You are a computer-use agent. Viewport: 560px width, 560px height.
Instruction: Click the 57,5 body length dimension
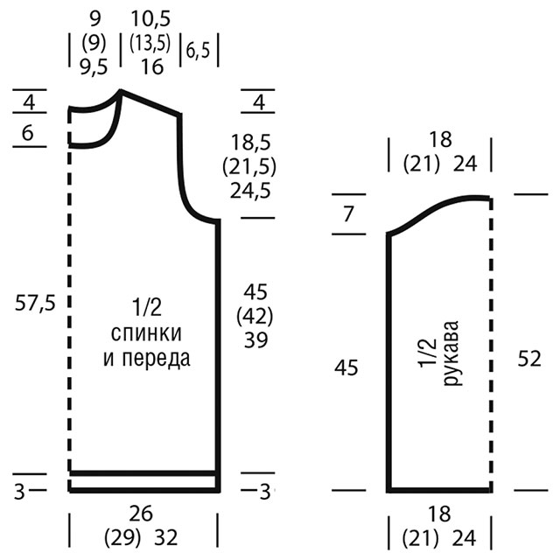(x=35, y=304)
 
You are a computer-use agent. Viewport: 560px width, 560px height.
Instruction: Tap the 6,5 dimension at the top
(x=198, y=51)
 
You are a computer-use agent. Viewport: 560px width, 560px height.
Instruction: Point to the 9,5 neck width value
(x=94, y=66)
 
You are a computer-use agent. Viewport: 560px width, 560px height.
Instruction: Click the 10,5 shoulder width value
(x=150, y=18)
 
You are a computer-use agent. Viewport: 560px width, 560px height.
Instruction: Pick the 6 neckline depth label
(x=27, y=133)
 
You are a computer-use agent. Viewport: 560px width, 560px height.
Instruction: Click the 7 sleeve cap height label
(x=348, y=213)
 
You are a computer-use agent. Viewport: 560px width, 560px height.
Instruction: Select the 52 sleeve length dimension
(x=529, y=359)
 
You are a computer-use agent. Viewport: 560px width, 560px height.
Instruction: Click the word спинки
(x=146, y=332)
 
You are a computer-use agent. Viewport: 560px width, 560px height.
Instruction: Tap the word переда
(x=156, y=358)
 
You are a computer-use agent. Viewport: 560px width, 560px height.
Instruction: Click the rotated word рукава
(x=451, y=353)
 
